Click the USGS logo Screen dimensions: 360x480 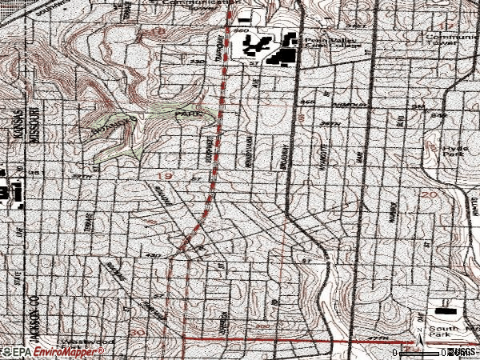[462, 352]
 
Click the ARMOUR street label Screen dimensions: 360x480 [351, 105]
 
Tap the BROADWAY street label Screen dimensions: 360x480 [285, 152]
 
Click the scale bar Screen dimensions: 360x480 [420, 352]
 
